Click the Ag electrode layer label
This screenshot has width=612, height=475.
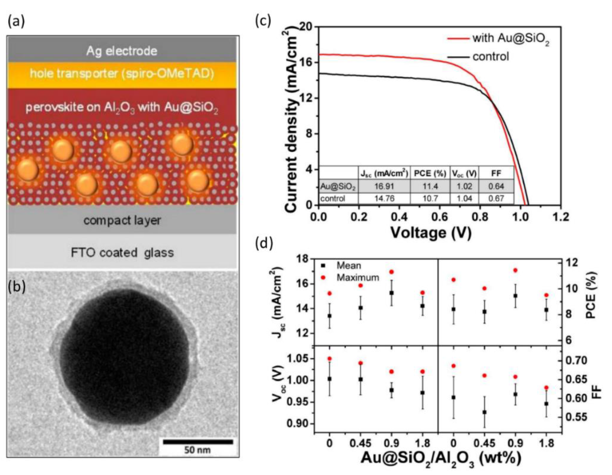point(122,51)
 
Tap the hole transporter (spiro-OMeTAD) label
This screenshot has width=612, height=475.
point(122,74)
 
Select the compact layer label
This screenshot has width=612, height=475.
point(122,220)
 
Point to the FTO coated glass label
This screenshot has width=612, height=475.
point(122,252)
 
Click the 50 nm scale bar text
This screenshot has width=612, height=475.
point(197,450)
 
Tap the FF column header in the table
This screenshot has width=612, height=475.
point(496,174)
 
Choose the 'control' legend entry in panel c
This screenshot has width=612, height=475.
point(490,57)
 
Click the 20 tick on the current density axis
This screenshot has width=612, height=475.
point(306,27)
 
